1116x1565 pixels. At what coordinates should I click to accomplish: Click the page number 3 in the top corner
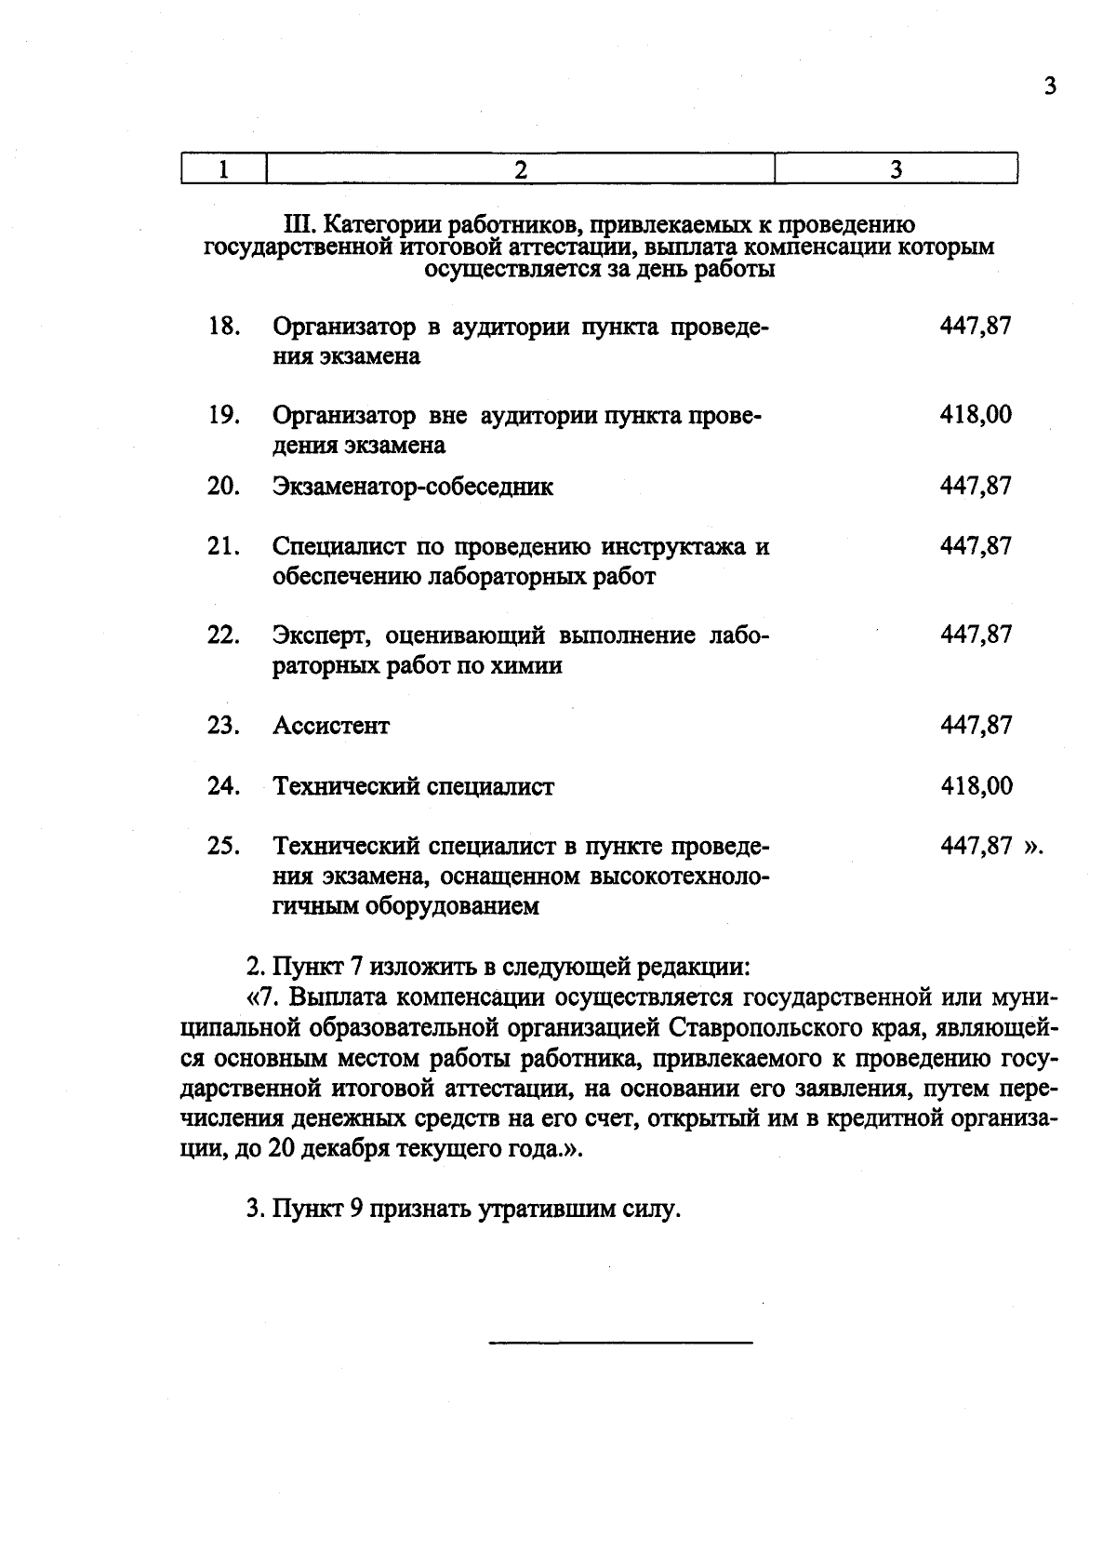(x=1050, y=87)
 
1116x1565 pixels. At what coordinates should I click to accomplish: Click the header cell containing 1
(x=223, y=169)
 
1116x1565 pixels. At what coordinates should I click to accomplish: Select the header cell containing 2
(x=520, y=169)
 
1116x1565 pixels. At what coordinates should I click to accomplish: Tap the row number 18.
(x=224, y=327)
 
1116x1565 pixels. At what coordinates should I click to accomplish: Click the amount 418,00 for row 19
(x=975, y=415)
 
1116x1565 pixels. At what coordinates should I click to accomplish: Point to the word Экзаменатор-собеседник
(x=413, y=487)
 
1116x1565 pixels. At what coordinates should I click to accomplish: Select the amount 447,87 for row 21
(x=975, y=546)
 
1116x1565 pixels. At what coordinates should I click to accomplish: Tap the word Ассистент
(x=331, y=726)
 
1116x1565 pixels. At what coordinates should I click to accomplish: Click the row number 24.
(x=224, y=787)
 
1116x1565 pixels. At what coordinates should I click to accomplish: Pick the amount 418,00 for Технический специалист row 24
(x=975, y=787)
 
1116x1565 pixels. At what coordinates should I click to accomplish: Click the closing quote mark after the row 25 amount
(x=1034, y=848)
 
